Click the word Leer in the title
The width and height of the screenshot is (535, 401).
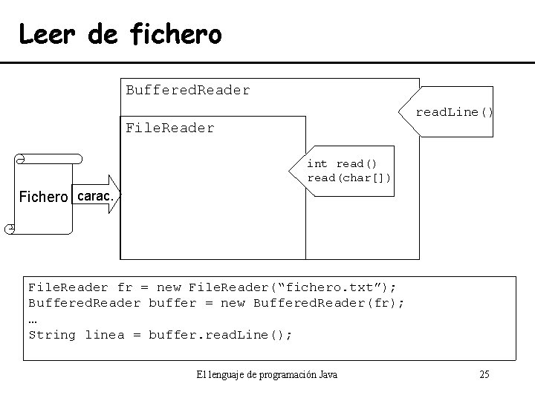[46, 33]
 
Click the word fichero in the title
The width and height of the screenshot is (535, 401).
[175, 33]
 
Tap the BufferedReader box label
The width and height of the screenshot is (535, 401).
[188, 91]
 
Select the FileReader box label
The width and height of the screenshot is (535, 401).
[169, 128]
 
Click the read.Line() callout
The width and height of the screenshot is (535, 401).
[453, 113]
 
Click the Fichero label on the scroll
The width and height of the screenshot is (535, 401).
[44, 198]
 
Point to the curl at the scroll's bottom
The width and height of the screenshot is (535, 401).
[9, 228]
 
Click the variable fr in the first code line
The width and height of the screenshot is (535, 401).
[125, 287]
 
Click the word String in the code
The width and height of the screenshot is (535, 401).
[52, 335]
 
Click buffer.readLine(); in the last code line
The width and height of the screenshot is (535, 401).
[221, 335]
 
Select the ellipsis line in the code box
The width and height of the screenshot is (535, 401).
[33, 319]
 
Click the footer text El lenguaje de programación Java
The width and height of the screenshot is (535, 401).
[267, 374]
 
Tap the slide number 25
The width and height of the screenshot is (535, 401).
[484, 374]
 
